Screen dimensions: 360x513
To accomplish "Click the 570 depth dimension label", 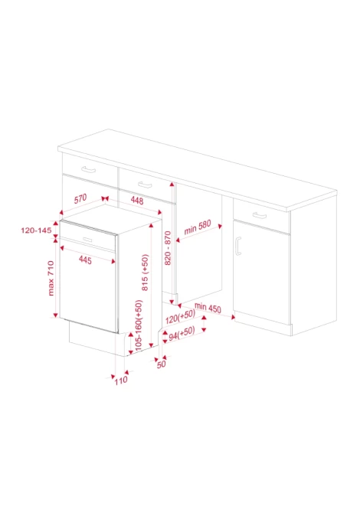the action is tap(80, 198).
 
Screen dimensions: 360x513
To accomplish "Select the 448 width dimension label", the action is tap(137, 201).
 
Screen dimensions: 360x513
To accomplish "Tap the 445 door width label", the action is tap(85, 260).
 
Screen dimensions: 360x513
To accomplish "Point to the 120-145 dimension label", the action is tap(36, 230).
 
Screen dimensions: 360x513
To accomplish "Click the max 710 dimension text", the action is tap(51, 278).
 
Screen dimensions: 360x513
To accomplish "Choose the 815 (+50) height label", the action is tap(145, 273).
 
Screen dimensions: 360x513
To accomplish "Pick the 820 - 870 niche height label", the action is tap(168, 248).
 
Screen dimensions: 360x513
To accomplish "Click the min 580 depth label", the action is tap(198, 227).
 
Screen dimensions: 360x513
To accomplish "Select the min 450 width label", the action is tap(208, 308).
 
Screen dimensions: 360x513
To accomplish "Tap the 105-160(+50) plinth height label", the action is tap(139, 325).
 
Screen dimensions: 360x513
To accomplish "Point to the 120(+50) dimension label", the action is tap(180, 316).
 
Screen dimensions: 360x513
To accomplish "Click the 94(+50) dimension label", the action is tap(182, 333).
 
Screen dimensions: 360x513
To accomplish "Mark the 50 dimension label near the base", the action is tap(162, 364).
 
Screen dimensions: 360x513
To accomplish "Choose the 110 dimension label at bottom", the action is tap(121, 381).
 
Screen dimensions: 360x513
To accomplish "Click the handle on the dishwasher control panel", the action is tap(87, 240).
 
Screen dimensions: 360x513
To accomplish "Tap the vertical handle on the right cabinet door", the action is tap(238, 246).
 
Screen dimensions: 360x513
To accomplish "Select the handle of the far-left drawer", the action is tap(88, 169).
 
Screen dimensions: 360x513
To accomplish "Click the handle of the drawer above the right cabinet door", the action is tap(260, 215).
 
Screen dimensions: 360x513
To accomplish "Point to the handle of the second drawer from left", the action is tap(145, 185).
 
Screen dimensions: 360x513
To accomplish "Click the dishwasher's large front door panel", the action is tap(89, 286).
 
